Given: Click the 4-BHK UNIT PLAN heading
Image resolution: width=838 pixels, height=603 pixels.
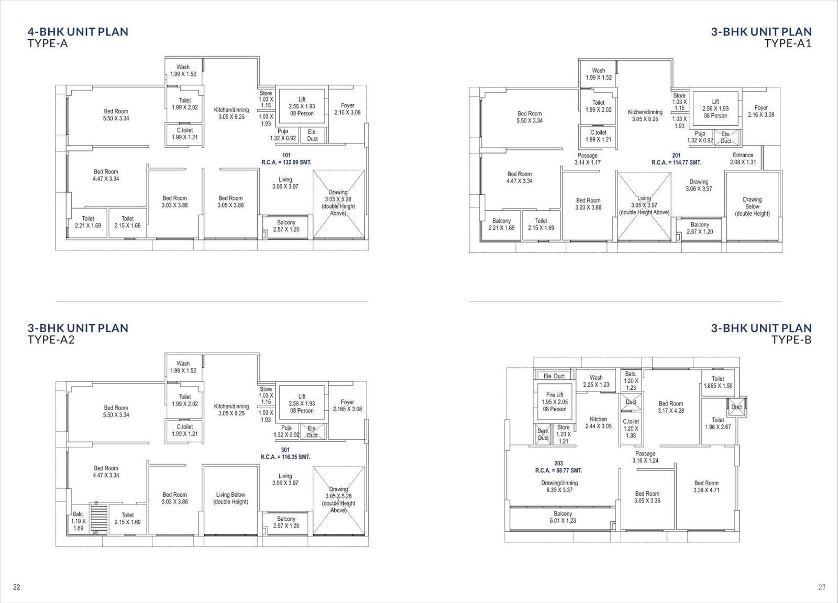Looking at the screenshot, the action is point(78,32).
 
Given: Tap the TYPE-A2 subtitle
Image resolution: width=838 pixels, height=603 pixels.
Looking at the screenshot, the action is point(51,340).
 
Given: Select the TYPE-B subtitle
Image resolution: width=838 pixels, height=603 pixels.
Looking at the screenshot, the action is point(791,340).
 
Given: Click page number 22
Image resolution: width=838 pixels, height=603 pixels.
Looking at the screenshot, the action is point(16,587).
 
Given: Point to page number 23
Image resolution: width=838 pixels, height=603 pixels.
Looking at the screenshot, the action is point(822,587).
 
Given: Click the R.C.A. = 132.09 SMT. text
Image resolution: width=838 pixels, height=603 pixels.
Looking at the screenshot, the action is point(286,162).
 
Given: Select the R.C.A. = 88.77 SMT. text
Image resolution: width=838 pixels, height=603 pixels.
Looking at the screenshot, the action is point(558,470).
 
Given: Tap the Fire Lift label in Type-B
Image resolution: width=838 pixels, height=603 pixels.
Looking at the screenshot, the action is point(555,395).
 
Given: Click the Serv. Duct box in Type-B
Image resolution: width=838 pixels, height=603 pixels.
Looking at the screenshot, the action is point(543,434).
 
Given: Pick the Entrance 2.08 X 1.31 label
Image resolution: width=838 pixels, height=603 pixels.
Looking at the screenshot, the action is point(743,159).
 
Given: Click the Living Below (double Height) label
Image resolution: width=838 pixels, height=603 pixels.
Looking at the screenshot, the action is point(230,498).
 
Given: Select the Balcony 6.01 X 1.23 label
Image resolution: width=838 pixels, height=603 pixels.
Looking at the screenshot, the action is point(563,517).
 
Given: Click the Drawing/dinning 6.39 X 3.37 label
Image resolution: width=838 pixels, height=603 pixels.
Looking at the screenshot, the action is point(559,486).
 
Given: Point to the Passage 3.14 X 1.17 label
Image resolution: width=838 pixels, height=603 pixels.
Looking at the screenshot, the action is point(587,159).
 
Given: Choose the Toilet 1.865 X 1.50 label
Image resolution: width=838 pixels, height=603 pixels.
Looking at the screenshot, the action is point(718,382).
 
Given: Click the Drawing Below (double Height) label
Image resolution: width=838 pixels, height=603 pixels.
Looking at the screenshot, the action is point(752,206).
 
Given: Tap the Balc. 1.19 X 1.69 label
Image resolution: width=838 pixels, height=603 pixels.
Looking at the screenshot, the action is point(78,521).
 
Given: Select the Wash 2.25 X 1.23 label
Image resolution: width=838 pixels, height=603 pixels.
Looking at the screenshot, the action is point(596,381).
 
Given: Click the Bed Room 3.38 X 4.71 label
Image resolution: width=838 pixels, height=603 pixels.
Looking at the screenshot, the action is point(707,487).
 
